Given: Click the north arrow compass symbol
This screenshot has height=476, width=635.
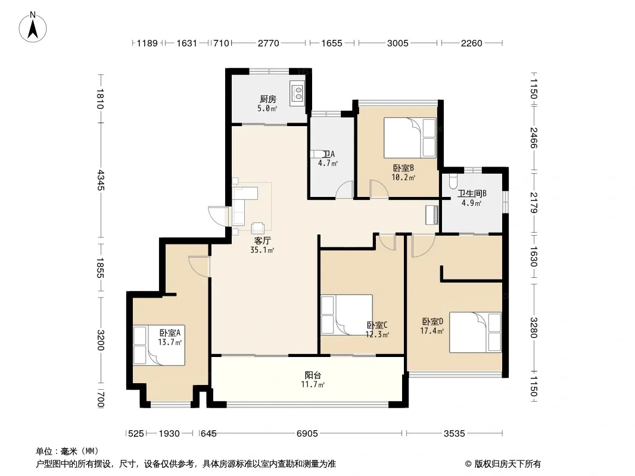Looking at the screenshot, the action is click(x=33, y=27).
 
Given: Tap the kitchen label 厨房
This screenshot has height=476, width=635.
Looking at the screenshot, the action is click(x=267, y=99).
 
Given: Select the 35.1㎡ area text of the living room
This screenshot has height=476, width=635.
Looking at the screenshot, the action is click(x=262, y=250).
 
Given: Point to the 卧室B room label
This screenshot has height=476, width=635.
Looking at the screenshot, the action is click(x=403, y=168).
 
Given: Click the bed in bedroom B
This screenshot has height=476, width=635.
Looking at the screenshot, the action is click(x=410, y=137).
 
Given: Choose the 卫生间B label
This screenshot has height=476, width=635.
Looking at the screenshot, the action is click(x=472, y=194).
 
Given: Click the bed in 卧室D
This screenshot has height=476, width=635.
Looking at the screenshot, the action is click(x=475, y=332).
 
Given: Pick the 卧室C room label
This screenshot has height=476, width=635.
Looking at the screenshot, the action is click(x=377, y=325).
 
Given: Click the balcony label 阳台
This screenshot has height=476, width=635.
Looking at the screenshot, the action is click(x=313, y=375).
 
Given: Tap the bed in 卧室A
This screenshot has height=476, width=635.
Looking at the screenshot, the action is click(x=158, y=345).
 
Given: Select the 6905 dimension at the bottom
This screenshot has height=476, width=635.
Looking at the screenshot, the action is click(x=307, y=434).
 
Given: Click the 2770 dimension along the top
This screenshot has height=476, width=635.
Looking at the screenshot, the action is click(x=269, y=43).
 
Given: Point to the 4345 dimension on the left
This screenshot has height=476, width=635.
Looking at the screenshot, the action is click(x=101, y=180).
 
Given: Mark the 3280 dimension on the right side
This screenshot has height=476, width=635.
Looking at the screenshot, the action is click(x=534, y=328).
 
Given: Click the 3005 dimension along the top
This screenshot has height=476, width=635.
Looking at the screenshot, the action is click(x=398, y=43).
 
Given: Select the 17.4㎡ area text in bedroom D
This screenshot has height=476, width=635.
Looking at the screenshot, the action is click(x=432, y=331).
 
